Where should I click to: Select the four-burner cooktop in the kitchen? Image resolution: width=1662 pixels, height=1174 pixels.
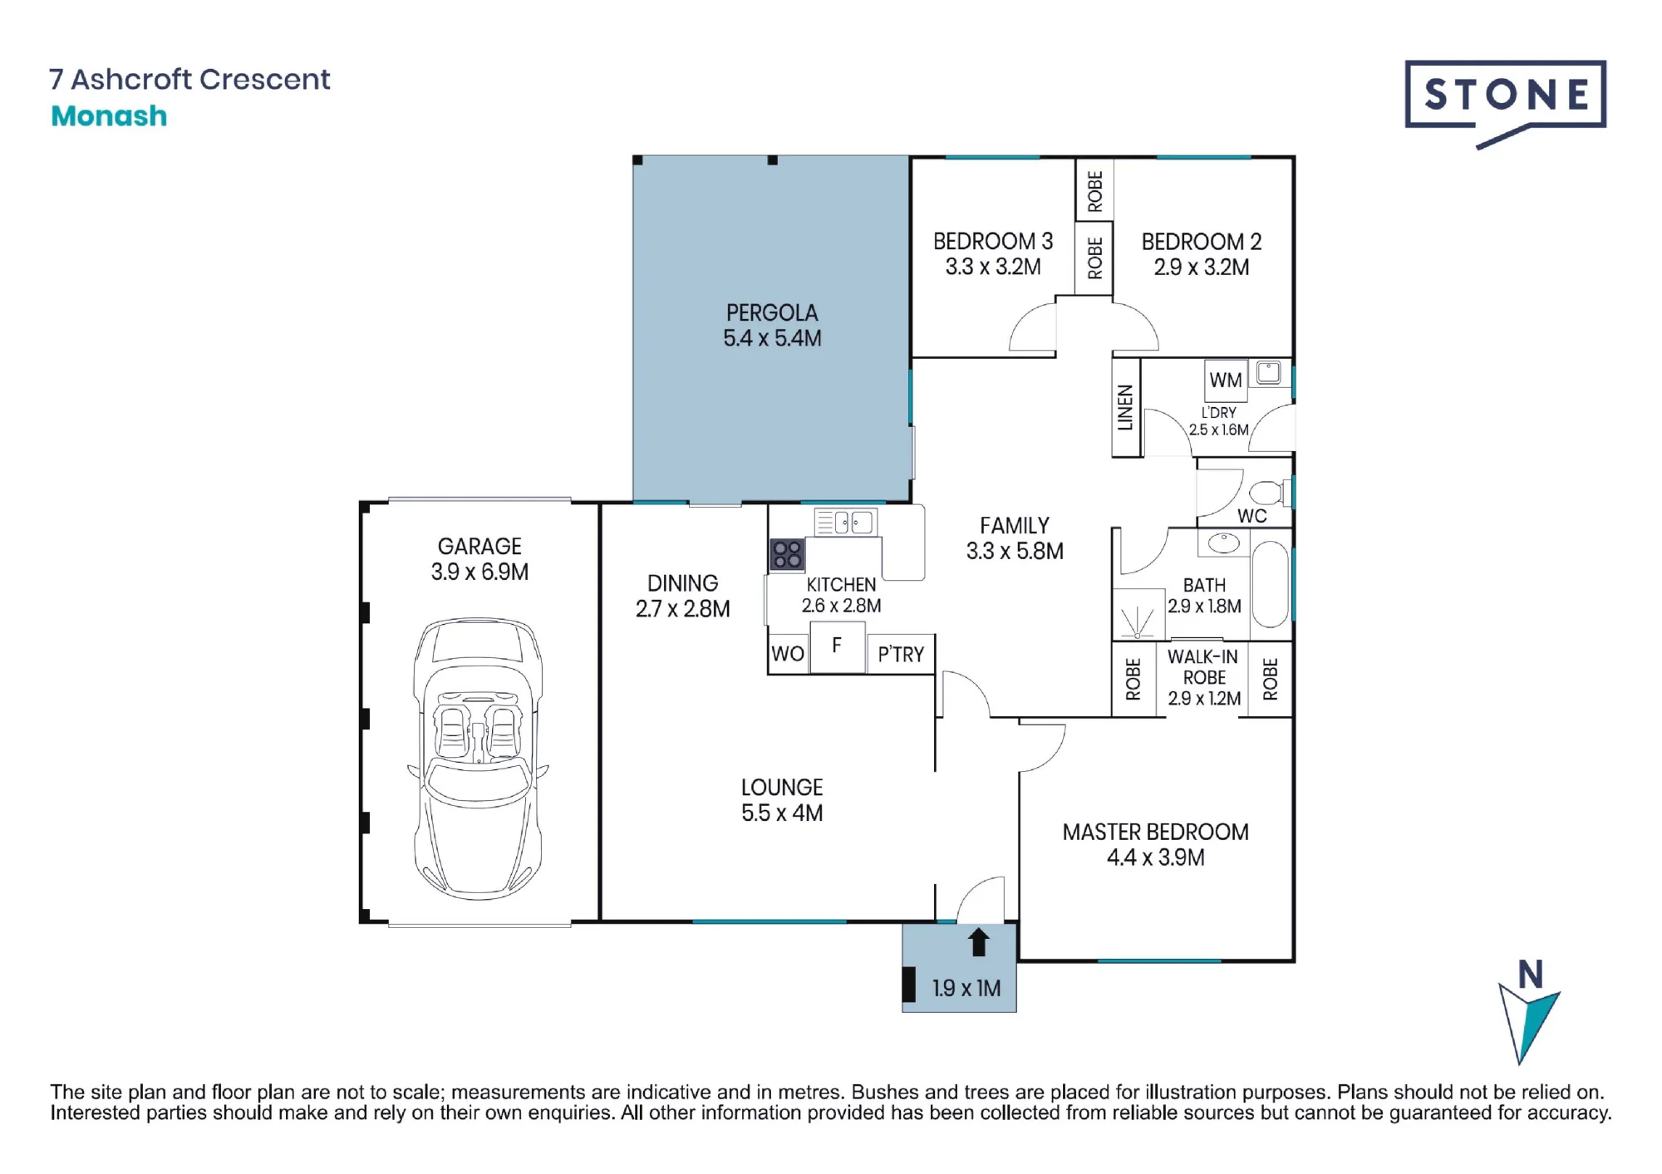click(787, 555)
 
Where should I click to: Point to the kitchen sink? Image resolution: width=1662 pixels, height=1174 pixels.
click(845, 523)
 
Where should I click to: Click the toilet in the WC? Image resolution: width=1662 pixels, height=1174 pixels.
click(1270, 493)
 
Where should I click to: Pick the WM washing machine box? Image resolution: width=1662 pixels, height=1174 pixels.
click(1226, 380)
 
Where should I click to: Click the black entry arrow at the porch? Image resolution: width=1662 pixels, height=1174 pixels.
click(978, 942)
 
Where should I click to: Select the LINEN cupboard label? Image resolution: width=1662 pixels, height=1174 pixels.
click(1125, 407)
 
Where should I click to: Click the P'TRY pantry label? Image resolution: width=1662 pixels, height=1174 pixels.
click(901, 655)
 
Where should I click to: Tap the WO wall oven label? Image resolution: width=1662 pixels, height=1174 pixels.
click(787, 654)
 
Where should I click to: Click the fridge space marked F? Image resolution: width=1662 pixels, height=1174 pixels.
click(837, 646)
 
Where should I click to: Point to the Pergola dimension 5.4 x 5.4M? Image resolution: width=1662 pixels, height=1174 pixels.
click(772, 338)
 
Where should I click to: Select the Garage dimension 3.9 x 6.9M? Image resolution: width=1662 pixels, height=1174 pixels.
click(479, 572)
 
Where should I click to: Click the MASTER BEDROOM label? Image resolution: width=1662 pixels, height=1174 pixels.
click(1155, 832)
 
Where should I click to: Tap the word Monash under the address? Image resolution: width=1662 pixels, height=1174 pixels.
click(109, 115)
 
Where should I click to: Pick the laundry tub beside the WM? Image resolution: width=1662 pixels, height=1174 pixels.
click(1269, 372)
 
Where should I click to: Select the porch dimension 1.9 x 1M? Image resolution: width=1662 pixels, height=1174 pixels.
click(966, 988)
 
